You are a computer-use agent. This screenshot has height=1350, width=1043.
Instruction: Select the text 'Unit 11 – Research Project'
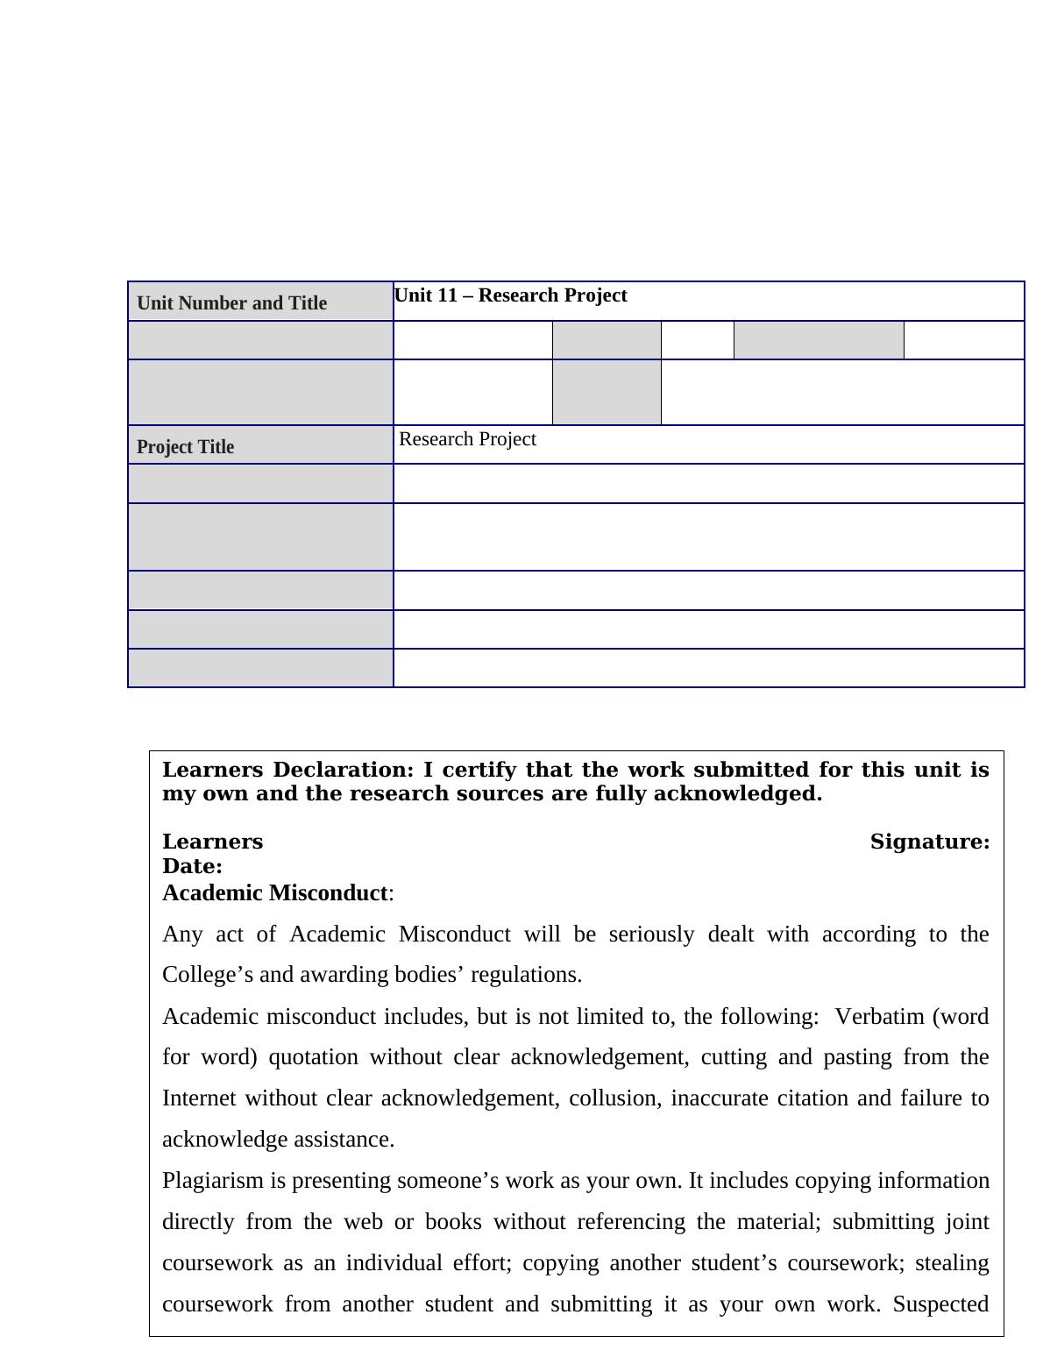click(x=511, y=295)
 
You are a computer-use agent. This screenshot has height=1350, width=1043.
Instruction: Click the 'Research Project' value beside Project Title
click(x=468, y=439)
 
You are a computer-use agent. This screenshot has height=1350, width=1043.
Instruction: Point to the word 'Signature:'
click(x=930, y=842)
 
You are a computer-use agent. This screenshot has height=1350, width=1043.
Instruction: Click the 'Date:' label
click(x=192, y=867)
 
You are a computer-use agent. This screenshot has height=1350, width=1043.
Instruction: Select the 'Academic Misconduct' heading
click(x=275, y=893)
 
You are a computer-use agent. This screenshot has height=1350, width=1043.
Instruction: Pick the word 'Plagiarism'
click(x=213, y=1181)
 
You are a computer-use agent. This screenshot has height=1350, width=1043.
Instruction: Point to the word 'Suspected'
click(x=941, y=1304)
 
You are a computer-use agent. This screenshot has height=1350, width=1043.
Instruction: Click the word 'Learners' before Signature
click(x=213, y=842)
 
